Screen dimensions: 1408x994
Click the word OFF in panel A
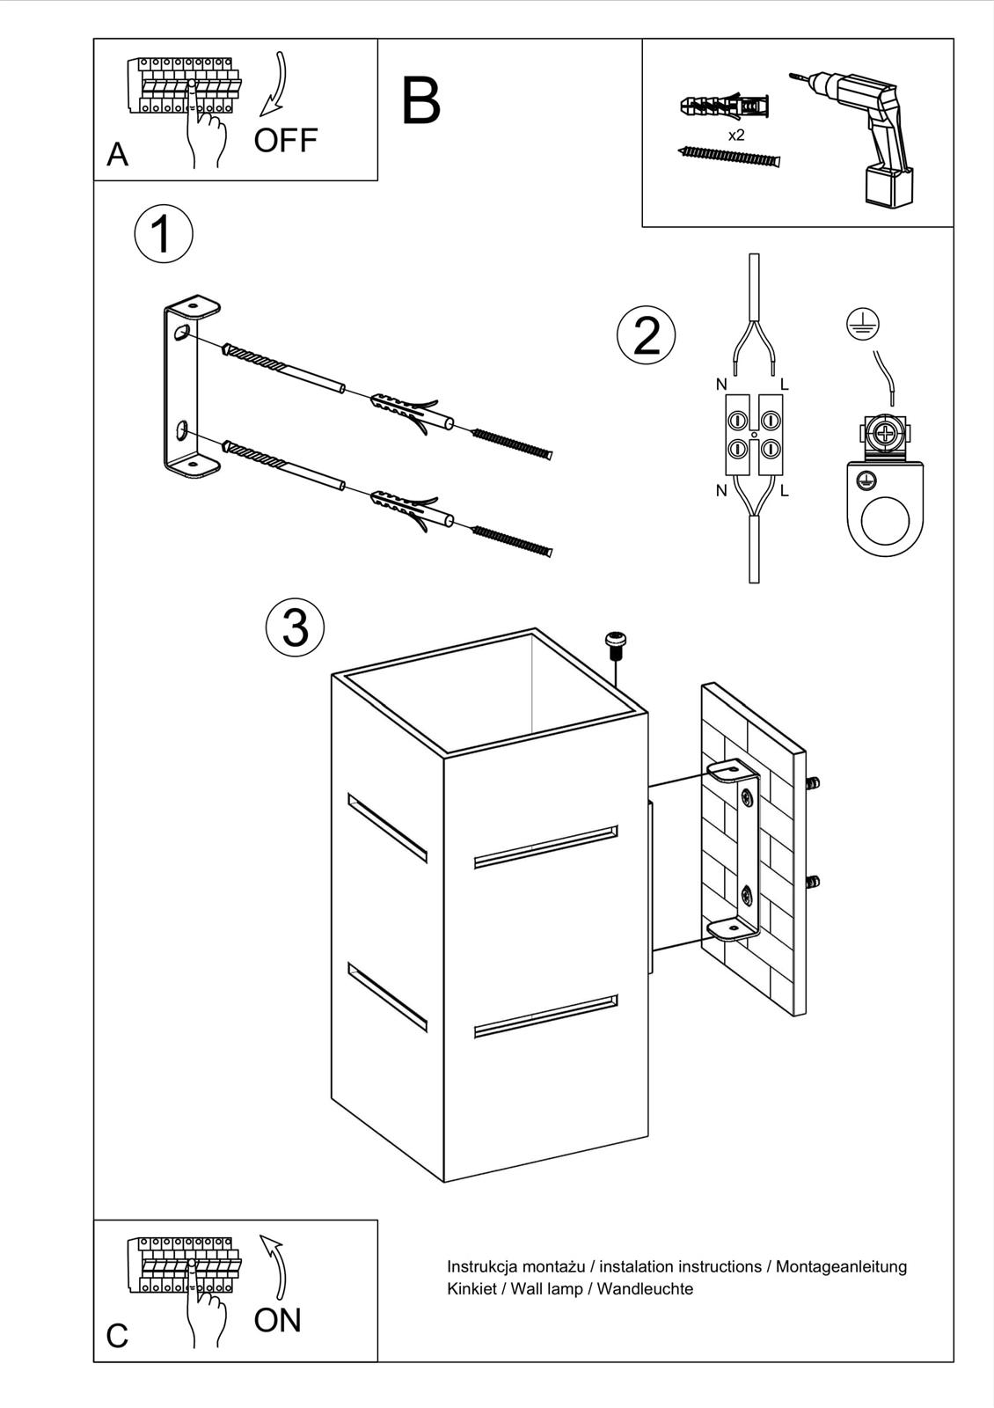point(285,141)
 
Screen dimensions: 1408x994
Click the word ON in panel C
point(277,1320)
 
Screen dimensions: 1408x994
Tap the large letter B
point(420,101)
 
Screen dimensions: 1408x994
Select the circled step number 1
point(163,234)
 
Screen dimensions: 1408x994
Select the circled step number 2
point(647,335)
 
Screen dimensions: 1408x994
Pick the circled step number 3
point(295,627)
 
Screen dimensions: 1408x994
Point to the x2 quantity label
point(736,136)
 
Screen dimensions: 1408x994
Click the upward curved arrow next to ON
point(274,1267)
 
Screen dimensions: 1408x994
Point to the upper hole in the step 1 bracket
point(182,333)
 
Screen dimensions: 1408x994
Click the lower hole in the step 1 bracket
point(182,430)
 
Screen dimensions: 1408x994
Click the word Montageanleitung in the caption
point(841,1266)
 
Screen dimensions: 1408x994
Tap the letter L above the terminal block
point(785,385)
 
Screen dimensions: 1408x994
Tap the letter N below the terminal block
point(721,491)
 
